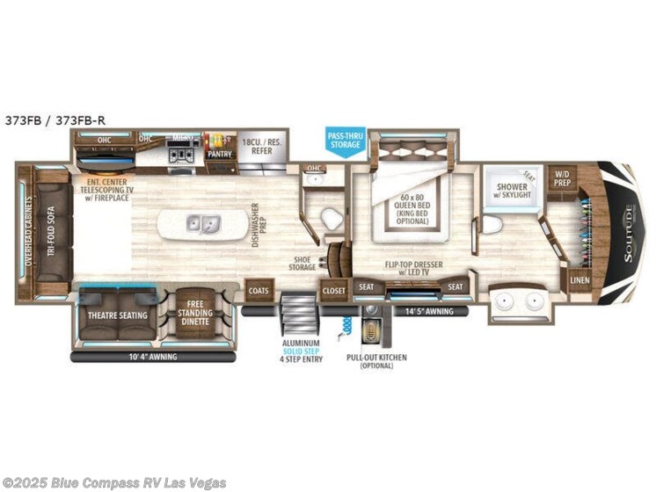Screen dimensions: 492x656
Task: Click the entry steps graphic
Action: [x=297, y=311]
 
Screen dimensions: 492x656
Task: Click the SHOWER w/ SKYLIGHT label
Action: [x=512, y=191]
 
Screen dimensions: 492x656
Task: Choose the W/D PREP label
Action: [x=562, y=177]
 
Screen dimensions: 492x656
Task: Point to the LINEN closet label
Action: [x=580, y=281]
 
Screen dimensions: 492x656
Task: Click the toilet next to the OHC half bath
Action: [x=332, y=220]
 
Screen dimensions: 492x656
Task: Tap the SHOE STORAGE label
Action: [x=305, y=262]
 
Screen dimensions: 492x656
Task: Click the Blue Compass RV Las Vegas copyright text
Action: [x=115, y=482]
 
